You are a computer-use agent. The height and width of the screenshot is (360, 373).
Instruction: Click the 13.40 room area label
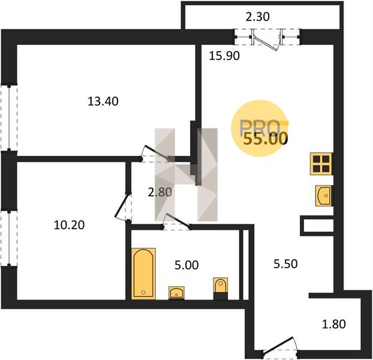pos(103,101)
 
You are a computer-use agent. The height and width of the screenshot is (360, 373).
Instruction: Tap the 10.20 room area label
pos(69,225)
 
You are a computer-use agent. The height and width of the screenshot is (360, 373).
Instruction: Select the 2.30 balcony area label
pos(258,17)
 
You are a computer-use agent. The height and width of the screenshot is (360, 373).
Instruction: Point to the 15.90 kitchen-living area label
pos(224,56)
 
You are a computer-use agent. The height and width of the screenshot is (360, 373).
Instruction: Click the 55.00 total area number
pos(264,139)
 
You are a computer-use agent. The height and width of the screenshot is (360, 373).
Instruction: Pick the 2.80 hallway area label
pos(160,192)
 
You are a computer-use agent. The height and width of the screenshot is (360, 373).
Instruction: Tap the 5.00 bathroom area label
pos(186,265)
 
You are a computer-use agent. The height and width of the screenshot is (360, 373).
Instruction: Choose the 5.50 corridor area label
pos(285,264)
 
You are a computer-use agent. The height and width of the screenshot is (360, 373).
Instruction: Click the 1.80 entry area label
pos(334,324)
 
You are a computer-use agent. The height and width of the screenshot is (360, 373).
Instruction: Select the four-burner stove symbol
pos(321,164)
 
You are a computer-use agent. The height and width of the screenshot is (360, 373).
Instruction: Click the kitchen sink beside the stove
pos(323,196)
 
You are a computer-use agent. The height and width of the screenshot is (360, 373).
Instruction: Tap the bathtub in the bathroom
pos(143,274)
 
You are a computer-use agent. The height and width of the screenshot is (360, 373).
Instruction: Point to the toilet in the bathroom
pos(221,289)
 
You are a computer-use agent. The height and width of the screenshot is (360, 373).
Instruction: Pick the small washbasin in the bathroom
pos(176,293)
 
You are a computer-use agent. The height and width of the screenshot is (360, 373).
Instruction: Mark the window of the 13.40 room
pos(9,118)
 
